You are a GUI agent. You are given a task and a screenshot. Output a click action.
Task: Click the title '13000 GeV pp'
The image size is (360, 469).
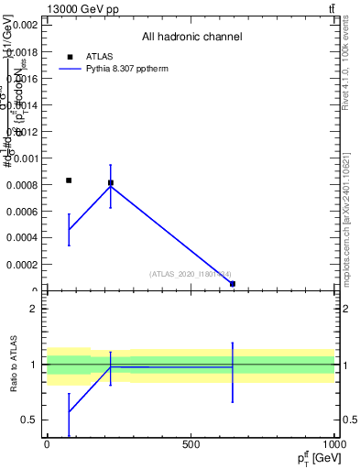82,9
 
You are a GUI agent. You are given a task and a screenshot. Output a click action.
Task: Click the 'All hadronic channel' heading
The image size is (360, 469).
191,38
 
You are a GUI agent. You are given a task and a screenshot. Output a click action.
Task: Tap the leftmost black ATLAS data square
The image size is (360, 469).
69,180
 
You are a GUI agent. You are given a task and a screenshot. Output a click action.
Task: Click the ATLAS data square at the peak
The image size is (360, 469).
111,183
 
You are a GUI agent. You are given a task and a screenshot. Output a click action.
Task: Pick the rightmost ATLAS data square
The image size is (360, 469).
233,284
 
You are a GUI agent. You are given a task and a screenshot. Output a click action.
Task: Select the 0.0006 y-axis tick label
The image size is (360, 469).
22,212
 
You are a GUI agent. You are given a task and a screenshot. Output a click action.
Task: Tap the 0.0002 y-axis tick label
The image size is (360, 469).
22,265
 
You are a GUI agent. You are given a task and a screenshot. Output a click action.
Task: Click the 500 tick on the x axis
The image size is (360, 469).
191,444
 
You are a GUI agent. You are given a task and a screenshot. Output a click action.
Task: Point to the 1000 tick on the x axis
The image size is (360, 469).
333,444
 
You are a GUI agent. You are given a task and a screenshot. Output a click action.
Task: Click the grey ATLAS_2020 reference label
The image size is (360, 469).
191,273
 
